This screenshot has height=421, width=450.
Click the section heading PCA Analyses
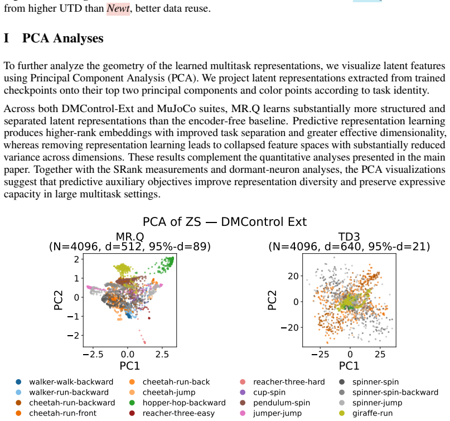pos(62,38)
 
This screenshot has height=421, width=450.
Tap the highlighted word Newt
pos(118,8)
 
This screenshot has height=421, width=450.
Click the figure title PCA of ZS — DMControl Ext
pos(225,222)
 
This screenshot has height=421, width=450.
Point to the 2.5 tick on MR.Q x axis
pos(162,355)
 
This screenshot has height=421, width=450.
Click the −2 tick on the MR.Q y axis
pos(73,335)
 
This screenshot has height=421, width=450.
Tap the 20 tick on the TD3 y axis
pos(294,276)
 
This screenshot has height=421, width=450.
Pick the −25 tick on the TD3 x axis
pos(320,355)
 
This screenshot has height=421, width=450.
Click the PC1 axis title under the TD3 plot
pos(349,366)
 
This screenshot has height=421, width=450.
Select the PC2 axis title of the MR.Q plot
pos(58,300)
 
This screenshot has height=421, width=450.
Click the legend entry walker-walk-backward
pos(71,382)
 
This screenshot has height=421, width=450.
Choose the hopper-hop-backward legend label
pos(184,403)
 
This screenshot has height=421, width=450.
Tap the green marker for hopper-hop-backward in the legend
pos(132,403)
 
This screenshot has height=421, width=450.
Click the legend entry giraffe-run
pos(372,413)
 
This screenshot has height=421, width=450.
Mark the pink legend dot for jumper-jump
pos(243,413)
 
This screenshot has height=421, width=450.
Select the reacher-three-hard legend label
pos(289,382)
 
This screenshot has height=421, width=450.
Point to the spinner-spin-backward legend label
pos(395,393)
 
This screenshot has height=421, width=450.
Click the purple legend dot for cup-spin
pos(243,393)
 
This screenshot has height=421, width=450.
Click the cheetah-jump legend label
pos(169,393)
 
